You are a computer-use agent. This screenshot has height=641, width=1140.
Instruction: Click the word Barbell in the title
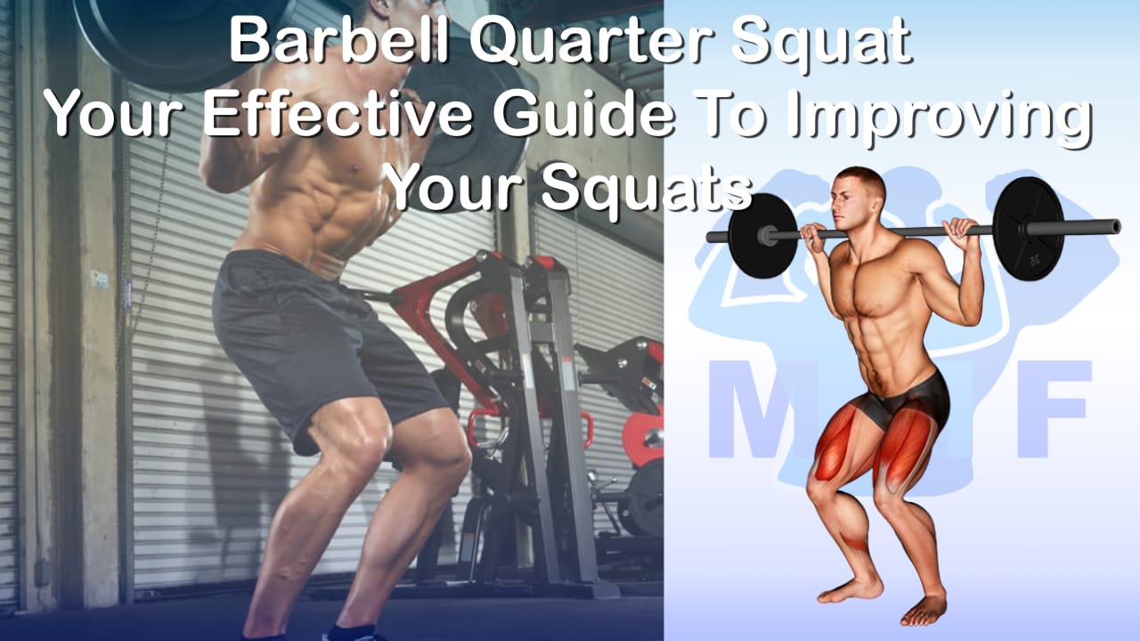tap(338, 40)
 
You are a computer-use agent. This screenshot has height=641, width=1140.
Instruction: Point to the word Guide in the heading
tap(583, 112)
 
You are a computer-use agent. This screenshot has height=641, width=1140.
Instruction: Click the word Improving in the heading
tap(939, 118)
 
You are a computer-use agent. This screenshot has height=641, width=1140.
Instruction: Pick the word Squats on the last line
tap(647, 190)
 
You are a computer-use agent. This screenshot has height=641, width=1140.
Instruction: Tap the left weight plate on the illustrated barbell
tap(763, 236)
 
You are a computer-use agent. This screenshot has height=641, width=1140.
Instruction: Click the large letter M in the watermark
tap(763, 409)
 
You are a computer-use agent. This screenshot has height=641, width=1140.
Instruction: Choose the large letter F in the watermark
tap(1054, 409)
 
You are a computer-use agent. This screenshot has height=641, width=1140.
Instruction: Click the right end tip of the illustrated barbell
tap(1119, 226)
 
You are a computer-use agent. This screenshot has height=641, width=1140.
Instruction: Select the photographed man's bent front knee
tap(437, 453)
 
